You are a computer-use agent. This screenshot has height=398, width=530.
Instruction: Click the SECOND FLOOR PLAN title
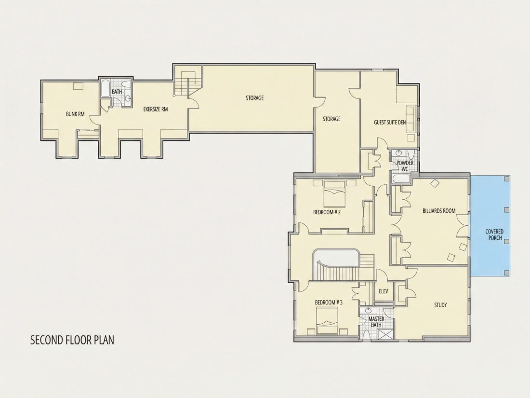point(72,340)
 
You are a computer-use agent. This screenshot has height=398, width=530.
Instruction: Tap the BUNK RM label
point(75,114)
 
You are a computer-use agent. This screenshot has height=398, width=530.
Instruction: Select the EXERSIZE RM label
point(156,110)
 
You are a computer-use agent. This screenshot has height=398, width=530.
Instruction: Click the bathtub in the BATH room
point(105,88)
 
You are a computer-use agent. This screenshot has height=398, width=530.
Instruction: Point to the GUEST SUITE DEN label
point(390,122)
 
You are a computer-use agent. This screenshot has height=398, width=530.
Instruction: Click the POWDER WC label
point(405,166)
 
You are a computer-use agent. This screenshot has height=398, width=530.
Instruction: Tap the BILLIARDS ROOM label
point(439,211)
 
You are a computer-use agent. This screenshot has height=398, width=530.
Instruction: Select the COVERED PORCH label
point(494,234)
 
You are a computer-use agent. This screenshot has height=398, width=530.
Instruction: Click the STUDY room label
point(440,305)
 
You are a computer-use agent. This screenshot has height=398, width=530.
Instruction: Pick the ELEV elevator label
point(384,291)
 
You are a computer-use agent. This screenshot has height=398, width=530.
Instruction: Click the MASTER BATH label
point(376,322)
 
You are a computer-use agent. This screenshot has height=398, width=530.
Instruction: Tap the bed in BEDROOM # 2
point(334,194)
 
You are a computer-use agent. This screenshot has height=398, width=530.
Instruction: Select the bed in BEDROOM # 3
point(327,321)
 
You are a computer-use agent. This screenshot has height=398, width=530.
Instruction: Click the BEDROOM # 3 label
point(329,302)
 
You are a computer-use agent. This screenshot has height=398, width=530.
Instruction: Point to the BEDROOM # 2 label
point(327,212)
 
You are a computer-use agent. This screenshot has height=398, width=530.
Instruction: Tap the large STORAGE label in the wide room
point(254,98)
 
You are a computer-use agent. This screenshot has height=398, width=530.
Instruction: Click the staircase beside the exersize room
point(185,83)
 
